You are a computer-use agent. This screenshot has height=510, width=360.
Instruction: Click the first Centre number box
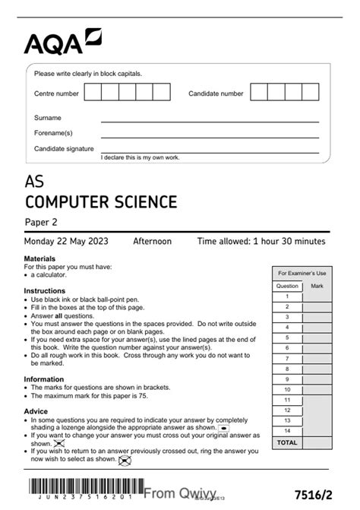click(x=93, y=93)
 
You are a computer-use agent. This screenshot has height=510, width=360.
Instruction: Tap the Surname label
click(x=48, y=118)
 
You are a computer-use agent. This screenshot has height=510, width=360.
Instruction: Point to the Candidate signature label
click(x=64, y=149)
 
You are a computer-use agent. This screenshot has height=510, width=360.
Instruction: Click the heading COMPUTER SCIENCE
click(x=101, y=201)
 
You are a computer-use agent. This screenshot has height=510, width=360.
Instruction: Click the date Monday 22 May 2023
click(x=66, y=242)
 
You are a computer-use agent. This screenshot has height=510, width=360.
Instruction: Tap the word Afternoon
click(x=153, y=242)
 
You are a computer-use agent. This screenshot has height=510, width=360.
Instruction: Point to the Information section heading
click(x=44, y=379)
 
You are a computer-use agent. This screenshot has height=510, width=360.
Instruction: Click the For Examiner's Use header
click(x=302, y=273)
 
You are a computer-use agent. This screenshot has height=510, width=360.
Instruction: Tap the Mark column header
click(x=317, y=287)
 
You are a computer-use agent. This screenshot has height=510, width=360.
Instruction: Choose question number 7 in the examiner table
click(x=287, y=358)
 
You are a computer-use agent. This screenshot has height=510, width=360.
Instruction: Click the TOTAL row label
click(x=287, y=442)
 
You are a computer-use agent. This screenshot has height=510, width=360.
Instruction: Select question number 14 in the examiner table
click(x=287, y=430)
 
